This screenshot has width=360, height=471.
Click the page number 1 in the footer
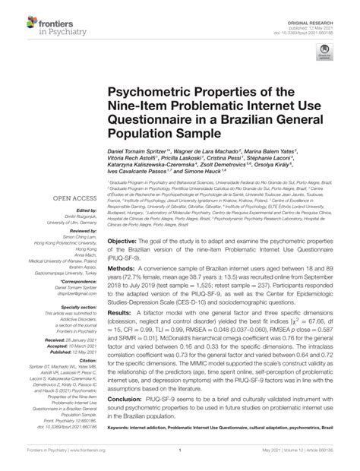click(x=179, y=450)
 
